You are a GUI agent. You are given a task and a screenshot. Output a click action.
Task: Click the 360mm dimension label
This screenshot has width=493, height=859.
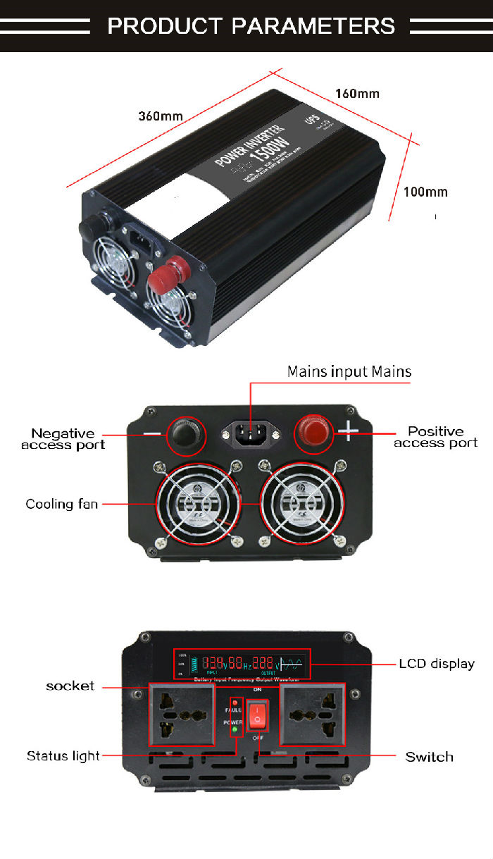coord(161,116)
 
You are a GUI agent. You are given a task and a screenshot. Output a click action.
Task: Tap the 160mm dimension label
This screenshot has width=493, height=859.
coord(357,94)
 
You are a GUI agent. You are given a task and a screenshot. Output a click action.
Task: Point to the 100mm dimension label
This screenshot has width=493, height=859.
coord(425,192)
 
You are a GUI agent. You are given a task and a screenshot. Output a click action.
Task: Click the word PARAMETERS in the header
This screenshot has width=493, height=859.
coord(313,26)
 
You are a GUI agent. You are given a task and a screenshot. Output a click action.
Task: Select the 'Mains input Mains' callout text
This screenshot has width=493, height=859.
coord(349,371)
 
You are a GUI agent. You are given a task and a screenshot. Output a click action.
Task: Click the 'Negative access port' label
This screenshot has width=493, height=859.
coord(63,439)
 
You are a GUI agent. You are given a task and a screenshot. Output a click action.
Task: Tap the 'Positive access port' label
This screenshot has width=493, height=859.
coord(436,437)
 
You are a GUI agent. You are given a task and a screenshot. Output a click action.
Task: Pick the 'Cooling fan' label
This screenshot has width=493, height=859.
coord(61,504)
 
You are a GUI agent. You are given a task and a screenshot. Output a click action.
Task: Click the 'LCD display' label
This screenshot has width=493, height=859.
coord(437,663)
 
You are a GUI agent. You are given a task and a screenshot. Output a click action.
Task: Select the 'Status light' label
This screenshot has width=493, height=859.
coord(63,756)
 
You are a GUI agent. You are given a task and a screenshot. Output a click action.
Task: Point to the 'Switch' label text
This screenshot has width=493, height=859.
coord(429,757)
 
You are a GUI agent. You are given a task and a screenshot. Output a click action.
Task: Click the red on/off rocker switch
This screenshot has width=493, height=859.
coord(258,715)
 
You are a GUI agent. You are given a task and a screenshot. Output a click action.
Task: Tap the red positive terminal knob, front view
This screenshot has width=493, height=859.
coord(312,431)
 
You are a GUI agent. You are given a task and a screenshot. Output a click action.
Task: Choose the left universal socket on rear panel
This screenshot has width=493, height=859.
coord(182,714)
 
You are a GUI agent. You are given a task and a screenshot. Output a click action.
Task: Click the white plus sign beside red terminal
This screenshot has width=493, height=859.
coord(351,429)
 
